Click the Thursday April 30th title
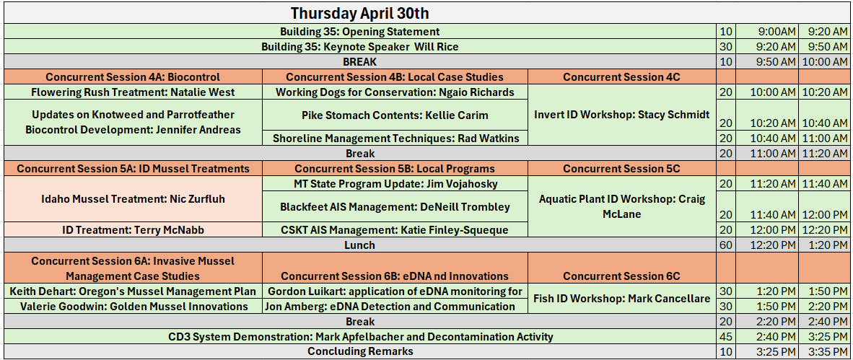[359, 12]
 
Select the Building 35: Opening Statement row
[359, 32]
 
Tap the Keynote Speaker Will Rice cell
[359, 47]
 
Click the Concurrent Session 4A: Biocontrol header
[134, 77]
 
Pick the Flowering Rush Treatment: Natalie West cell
[134, 92]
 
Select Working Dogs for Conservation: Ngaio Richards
[395, 92]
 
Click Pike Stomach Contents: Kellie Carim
[395, 115]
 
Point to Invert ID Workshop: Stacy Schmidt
[622, 115]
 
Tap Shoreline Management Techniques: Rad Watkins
[395, 139]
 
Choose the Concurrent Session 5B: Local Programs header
[395, 169]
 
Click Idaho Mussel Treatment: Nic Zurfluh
[134, 199]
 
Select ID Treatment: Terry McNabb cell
[134, 230]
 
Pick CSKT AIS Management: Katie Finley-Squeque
[395, 230]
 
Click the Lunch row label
[359, 245]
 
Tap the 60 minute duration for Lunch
[726, 245]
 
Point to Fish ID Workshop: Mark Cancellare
[622, 299]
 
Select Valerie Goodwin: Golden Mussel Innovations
[134, 307]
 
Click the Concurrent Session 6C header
[622, 276]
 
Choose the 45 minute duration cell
[726, 337]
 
